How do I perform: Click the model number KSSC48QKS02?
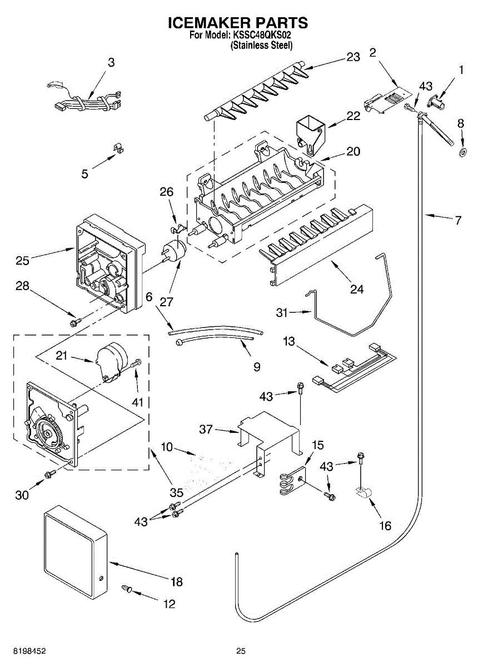click(x=262, y=35)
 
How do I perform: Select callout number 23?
click(x=353, y=57)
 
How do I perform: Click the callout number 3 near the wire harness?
click(x=111, y=62)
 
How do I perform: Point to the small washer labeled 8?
click(x=462, y=152)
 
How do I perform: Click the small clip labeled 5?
click(x=119, y=148)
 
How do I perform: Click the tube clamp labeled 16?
click(x=364, y=492)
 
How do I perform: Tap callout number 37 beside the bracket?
click(x=206, y=430)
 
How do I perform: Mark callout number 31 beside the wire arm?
click(x=282, y=312)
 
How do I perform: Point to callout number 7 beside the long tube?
click(x=458, y=220)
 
